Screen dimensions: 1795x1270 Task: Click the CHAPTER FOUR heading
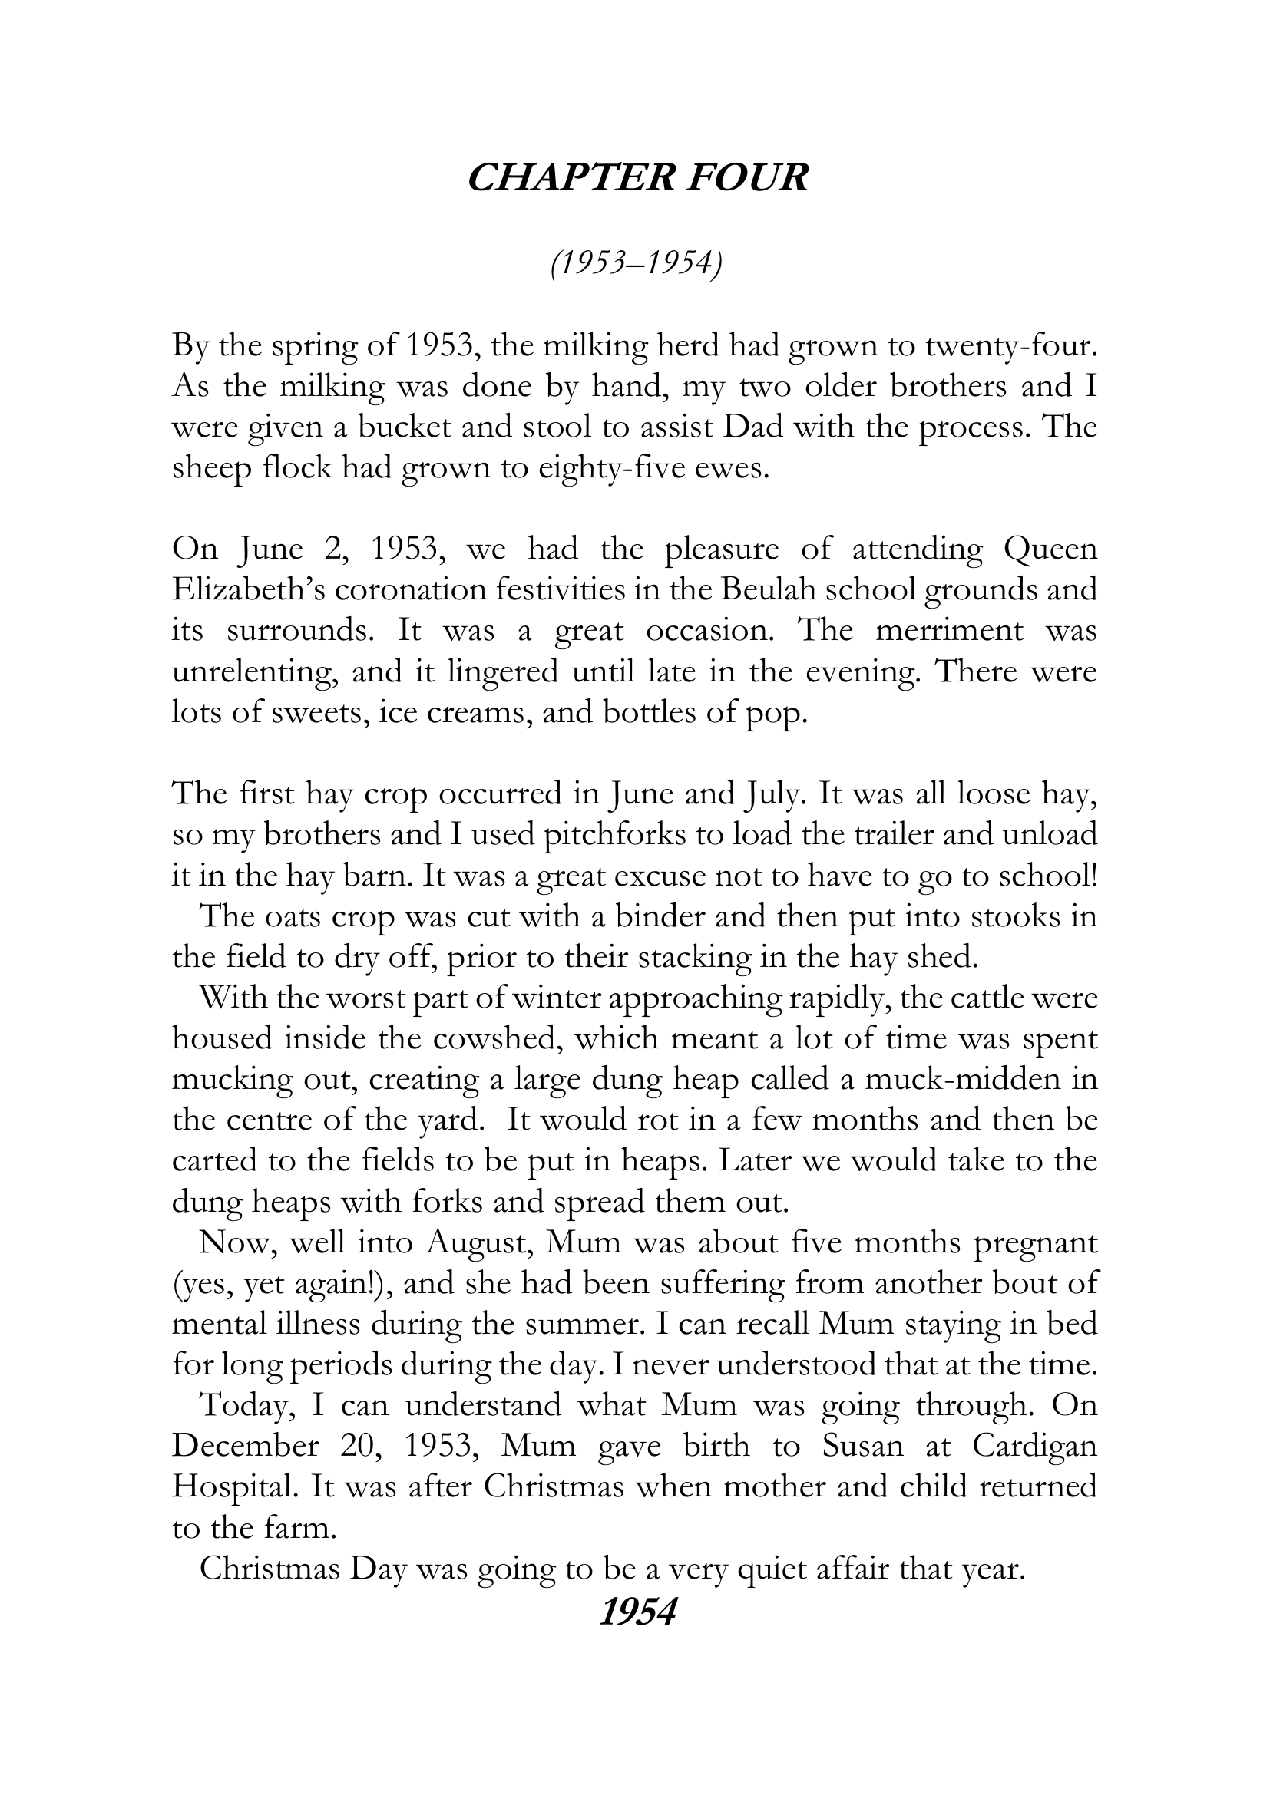(636, 178)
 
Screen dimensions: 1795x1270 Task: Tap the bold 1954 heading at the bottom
(636, 1613)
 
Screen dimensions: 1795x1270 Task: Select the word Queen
(1050, 549)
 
